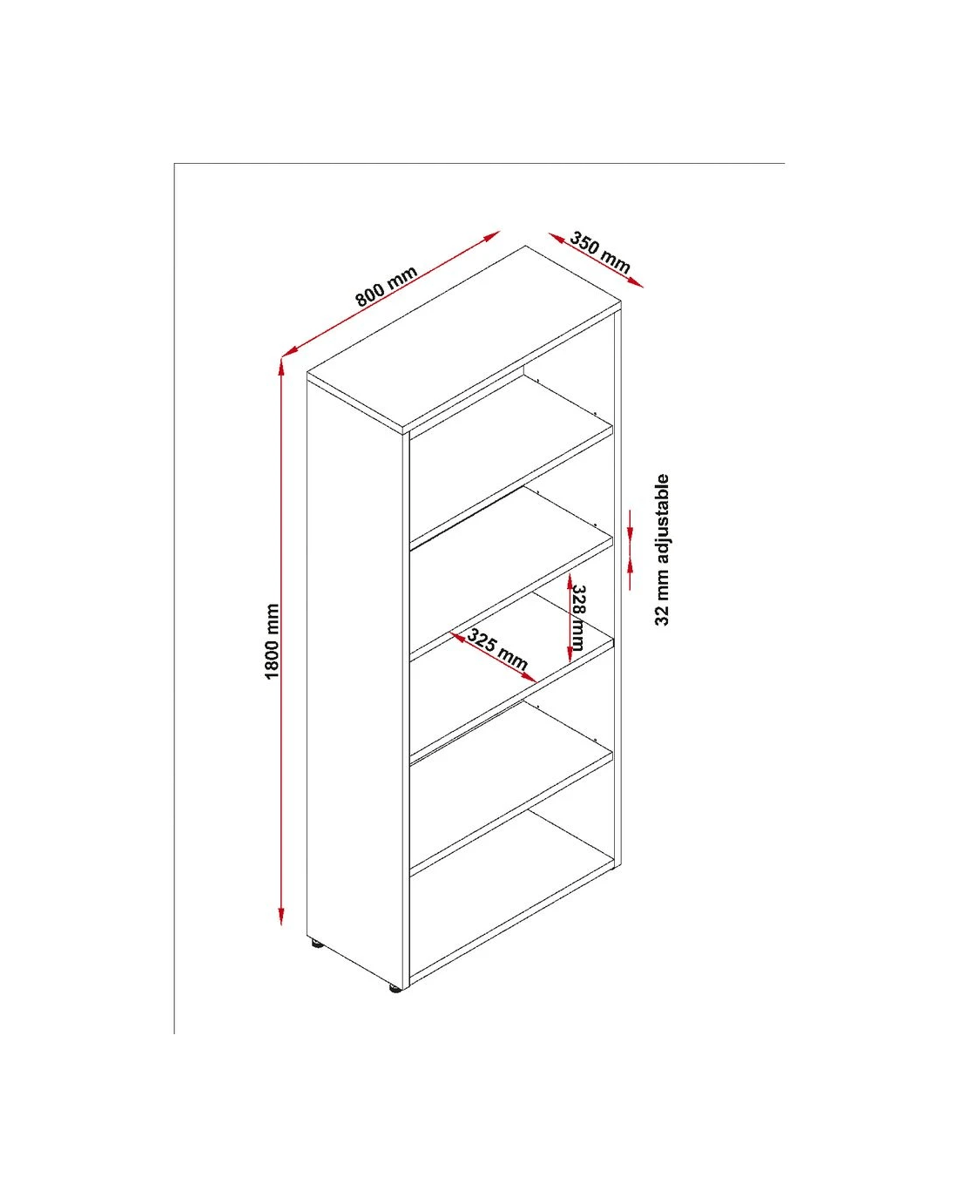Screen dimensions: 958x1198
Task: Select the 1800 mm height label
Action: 272,641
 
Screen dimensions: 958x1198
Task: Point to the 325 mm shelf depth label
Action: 496,649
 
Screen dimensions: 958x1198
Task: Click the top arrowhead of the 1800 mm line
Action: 281,367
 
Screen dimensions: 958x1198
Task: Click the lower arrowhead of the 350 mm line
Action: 635,283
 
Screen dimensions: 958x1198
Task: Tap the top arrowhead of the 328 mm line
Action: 570,582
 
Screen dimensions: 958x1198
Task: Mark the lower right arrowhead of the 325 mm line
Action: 529,678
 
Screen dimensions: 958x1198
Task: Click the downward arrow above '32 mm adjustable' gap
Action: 631,525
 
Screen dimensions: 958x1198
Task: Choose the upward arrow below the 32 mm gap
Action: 631,574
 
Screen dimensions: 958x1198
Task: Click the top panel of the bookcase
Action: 464,340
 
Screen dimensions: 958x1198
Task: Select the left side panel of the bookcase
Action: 354,680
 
